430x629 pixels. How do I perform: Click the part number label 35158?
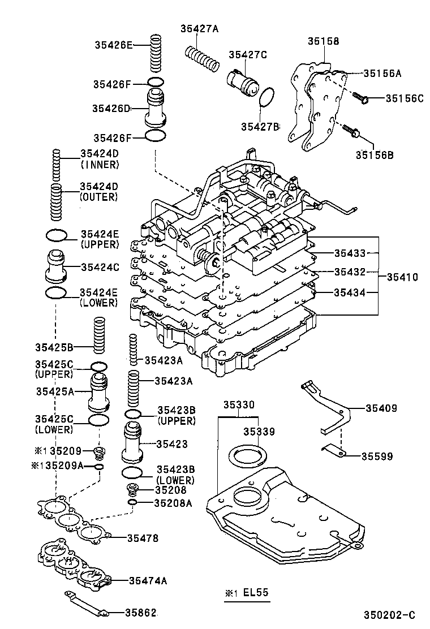tap(324, 41)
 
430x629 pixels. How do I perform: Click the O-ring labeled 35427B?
tap(266, 99)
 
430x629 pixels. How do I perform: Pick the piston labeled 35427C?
tap(242, 82)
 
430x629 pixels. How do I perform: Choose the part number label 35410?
tap(402, 277)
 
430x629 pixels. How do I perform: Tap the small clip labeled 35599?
tap(334, 451)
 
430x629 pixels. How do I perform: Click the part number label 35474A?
tap(148, 580)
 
